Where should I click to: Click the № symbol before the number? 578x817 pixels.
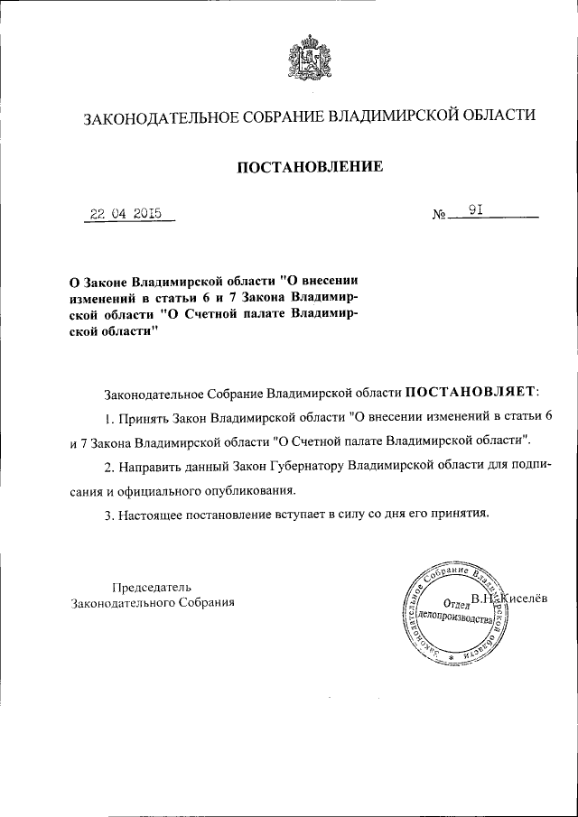coord(441,216)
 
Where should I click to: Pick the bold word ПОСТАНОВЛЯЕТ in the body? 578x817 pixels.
coord(469,393)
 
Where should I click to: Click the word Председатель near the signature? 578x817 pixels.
coord(151,587)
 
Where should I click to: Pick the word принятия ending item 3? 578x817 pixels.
coord(461,515)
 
